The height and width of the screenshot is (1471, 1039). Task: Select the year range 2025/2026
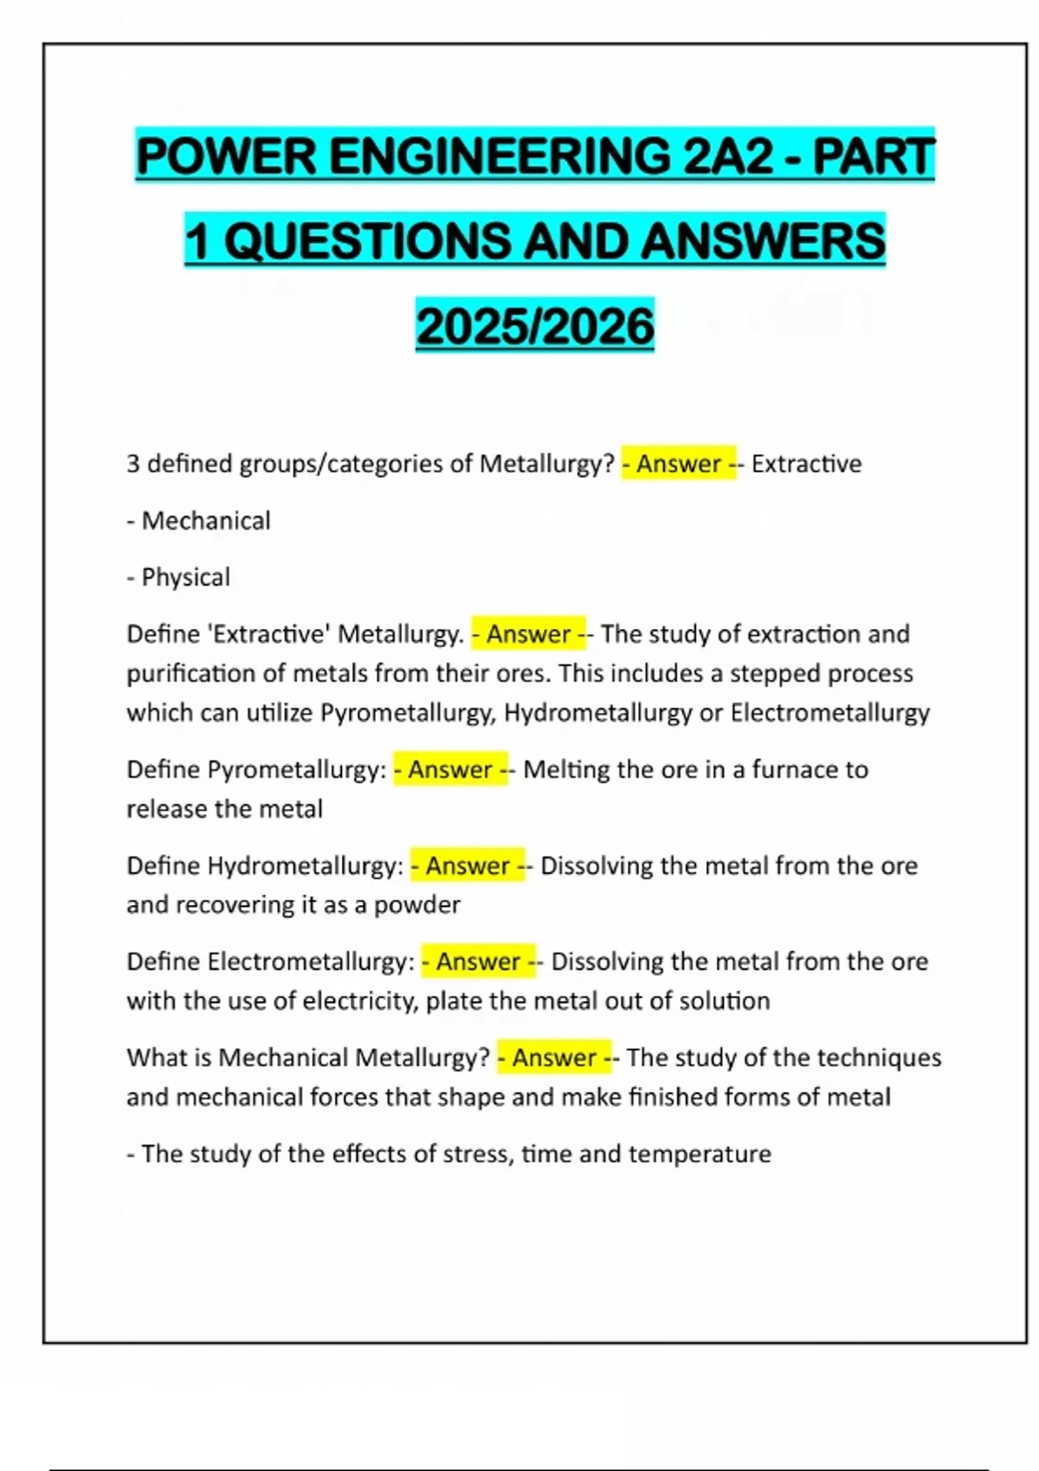click(535, 326)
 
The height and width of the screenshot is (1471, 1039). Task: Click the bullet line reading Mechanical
click(199, 521)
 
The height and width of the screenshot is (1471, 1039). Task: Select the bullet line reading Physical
click(179, 577)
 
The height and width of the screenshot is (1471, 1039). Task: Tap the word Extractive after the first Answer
click(806, 464)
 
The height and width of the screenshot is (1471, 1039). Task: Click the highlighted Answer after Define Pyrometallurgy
click(450, 769)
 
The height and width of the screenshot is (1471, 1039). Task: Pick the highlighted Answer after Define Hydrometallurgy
click(468, 865)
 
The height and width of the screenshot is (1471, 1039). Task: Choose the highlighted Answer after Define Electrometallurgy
click(478, 961)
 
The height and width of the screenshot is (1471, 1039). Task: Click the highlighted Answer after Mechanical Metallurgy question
click(554, 1057)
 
